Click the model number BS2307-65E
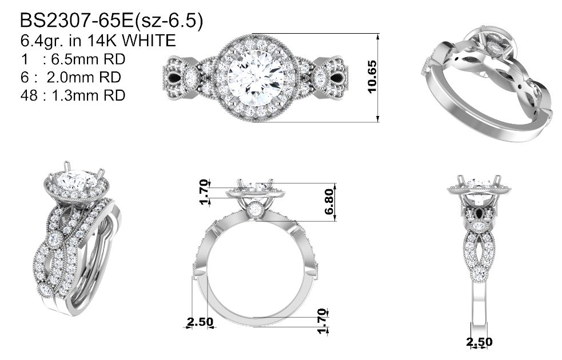(x=77, y=21)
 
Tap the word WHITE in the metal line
(x=149, y=41)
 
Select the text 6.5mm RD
(x=88, y=59)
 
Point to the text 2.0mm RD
(x=84, y=77)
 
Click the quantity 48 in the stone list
(x=29, y=95)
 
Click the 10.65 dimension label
(x=372, y=77)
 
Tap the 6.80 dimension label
(x=329, y=202)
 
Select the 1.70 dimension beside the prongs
(x=204, y=192)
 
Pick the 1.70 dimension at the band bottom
(x=322, y=321)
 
